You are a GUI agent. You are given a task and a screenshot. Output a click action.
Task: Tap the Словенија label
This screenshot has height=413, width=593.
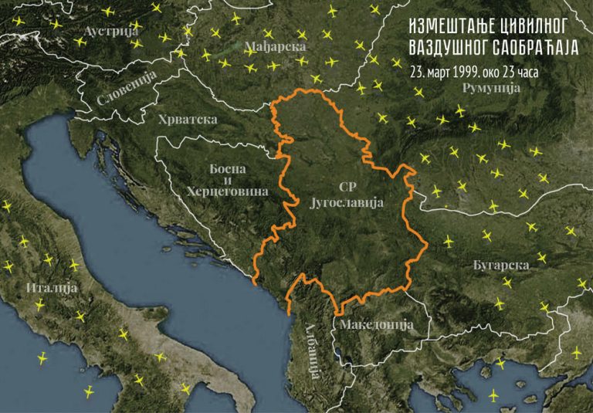click(126, 88)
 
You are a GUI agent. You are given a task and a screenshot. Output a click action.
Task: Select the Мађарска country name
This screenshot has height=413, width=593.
click(275, 46)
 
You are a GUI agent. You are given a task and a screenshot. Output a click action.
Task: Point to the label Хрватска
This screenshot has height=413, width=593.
click(187, 120)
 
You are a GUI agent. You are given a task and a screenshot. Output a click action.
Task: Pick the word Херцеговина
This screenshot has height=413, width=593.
click(227, 191)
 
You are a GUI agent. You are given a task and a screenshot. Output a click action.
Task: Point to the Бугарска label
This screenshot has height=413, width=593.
click(501, 265)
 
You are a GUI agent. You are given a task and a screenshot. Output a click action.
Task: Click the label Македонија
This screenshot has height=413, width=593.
click(376, 324)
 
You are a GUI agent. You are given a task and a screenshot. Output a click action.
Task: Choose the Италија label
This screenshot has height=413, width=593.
click(53, 287)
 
